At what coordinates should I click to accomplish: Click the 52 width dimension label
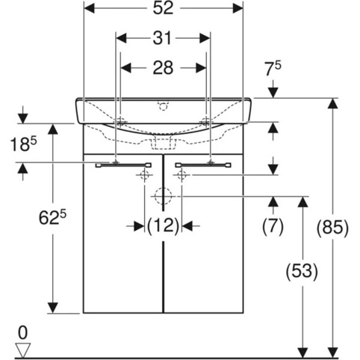tap(163, 8)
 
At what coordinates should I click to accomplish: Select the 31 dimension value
tap(162, 38)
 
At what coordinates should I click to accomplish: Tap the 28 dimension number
tap(163, 68)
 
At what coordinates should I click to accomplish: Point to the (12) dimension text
tap(163, 226)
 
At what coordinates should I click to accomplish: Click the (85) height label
tap(332, 227)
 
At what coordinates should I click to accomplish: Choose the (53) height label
tap(302, 271)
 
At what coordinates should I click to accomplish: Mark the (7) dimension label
tap(273, 226)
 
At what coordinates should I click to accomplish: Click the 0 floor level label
tap(23, 333)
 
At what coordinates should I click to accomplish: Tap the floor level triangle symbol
tap(23, 350)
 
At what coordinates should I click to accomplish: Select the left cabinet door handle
tap(123, 165)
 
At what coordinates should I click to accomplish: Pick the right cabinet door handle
tap(203, 165)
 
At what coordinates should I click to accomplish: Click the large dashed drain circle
tap(163, 196)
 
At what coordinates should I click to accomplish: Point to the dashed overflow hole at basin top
tap(163, 105)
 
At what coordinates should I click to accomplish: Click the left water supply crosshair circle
tap(145, 175)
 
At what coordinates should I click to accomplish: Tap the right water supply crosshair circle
tap(181, 175)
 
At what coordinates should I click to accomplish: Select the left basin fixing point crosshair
tap(120, 122)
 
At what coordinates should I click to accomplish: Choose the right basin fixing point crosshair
tap(206, 122)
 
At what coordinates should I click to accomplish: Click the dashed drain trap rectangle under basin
tap(163, 143)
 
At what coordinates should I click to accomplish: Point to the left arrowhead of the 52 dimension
tap(90, 8)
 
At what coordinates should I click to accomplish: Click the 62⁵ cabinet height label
tap(53, 217)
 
